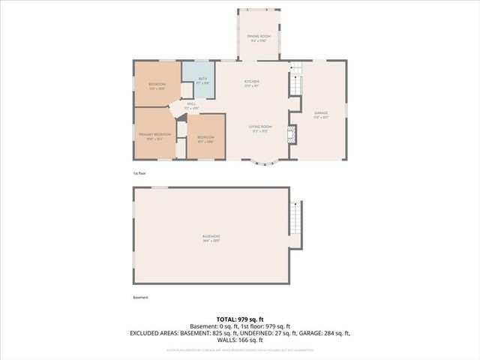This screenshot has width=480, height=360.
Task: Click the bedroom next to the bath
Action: (157, 85)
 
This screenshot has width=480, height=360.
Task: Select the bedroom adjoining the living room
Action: (205, 138)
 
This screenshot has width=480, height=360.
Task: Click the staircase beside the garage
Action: (296, 79)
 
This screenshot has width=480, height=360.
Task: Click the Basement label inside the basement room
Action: (211, 238)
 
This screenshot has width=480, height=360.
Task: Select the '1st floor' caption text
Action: (139, 173)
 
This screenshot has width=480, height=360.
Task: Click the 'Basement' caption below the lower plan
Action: (140, 298)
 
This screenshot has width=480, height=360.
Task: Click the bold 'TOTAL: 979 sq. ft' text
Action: (240, 319)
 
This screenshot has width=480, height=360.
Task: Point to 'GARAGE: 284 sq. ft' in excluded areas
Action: (325, 332)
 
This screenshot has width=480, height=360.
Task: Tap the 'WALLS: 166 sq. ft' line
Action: (240, 339)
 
